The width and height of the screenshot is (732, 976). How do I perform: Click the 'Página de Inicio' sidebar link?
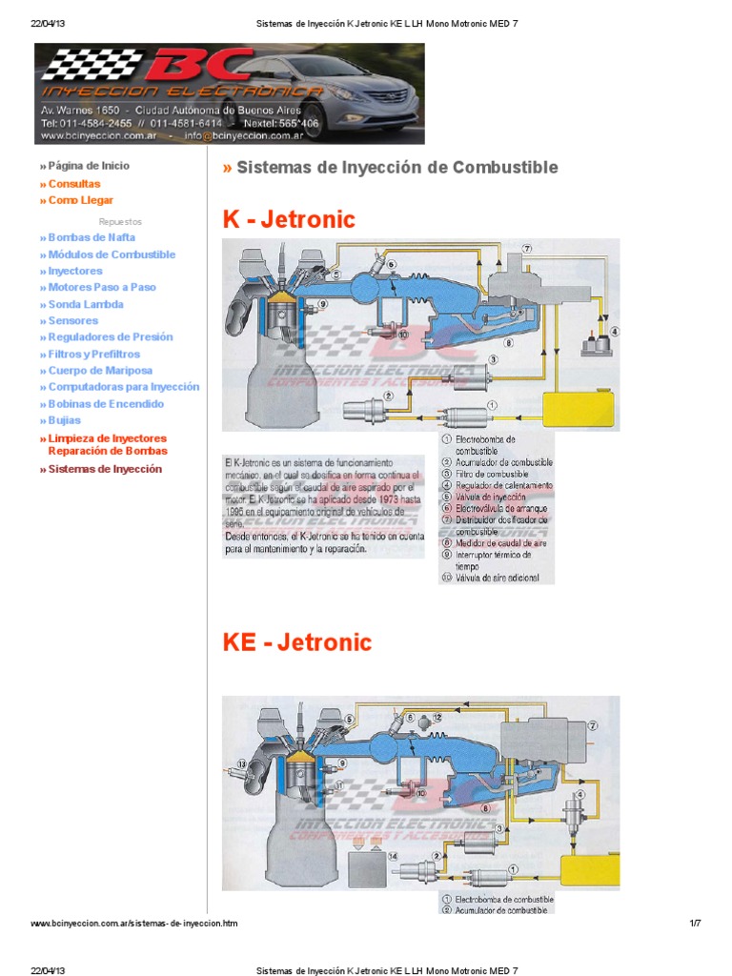(x=88, y=166)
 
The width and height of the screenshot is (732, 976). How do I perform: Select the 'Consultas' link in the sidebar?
(x=73, y=184)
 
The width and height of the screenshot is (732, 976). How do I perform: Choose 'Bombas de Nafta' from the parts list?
(x=91, y=237)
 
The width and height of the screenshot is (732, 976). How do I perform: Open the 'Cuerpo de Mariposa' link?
(x=100, y=371)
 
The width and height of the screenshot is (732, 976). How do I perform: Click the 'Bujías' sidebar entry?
(x=64, y=420)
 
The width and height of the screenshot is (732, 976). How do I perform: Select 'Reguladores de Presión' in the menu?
(x=111, y=337)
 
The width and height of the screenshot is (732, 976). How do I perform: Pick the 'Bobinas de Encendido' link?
(x=106, y=404)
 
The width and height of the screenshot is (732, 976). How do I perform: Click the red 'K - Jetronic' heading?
(x=289, y=220)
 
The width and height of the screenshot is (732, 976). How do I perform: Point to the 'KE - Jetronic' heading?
(x=296, y=642)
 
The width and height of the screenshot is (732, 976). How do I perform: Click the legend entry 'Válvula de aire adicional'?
(x=497, y=578)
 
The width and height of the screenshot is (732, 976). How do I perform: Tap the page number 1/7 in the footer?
(x=695, y=924)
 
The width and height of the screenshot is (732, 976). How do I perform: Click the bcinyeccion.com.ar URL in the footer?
(x=134, y=924)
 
